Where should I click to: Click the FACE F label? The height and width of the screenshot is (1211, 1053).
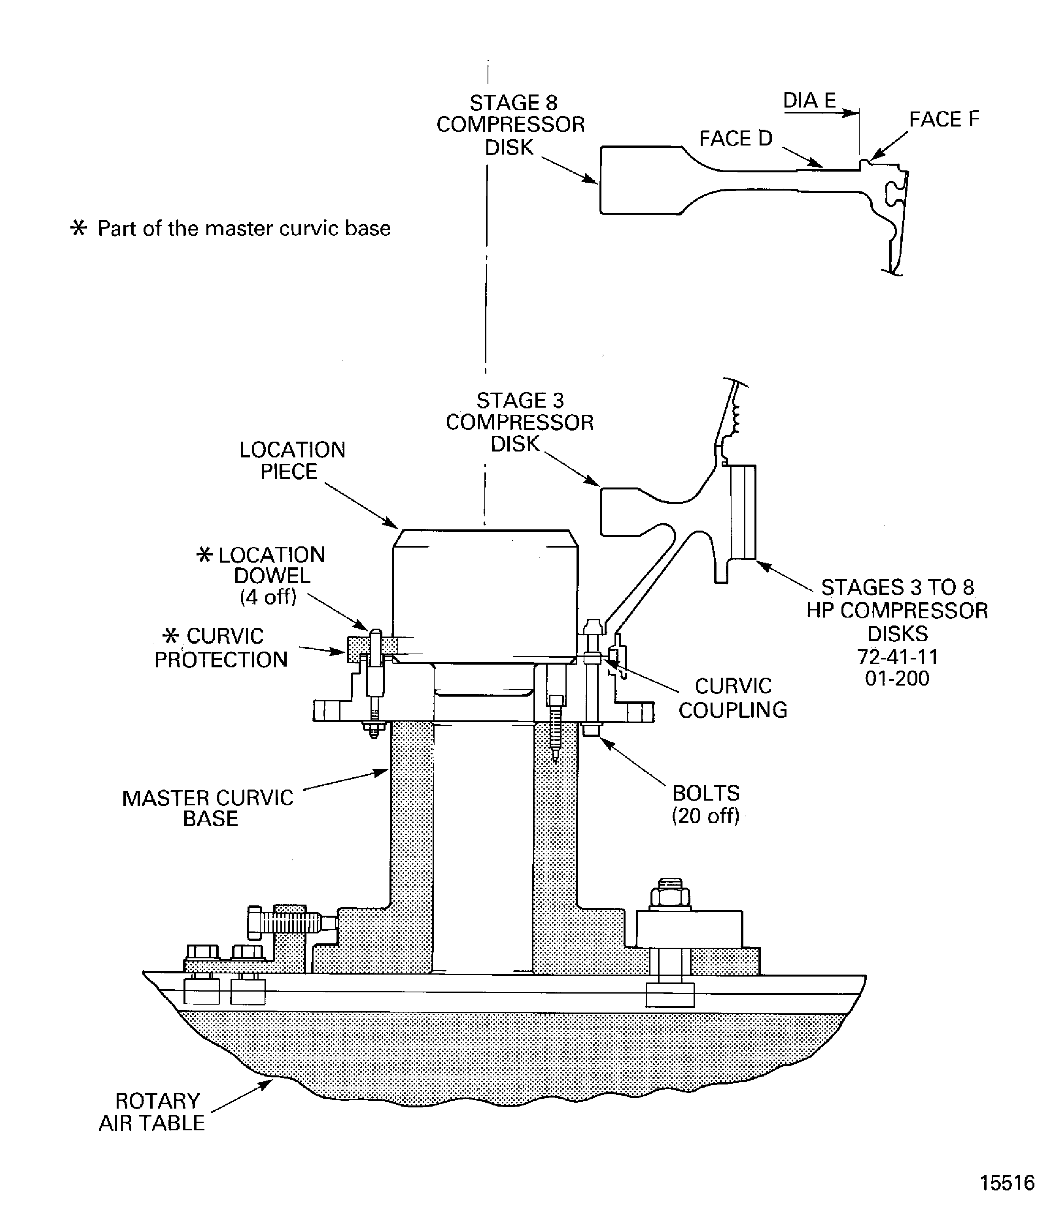944,119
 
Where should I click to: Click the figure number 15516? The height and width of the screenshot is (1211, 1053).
1007,1182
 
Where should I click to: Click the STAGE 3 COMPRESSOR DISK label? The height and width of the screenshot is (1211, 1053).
520,422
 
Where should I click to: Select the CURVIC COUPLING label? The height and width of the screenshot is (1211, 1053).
732,697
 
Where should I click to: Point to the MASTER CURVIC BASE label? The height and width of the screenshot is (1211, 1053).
208,808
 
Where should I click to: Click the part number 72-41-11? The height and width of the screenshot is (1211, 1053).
897,656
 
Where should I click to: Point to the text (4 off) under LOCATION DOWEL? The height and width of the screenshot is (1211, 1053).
268,597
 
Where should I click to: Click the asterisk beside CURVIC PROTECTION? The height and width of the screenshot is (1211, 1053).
170,635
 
